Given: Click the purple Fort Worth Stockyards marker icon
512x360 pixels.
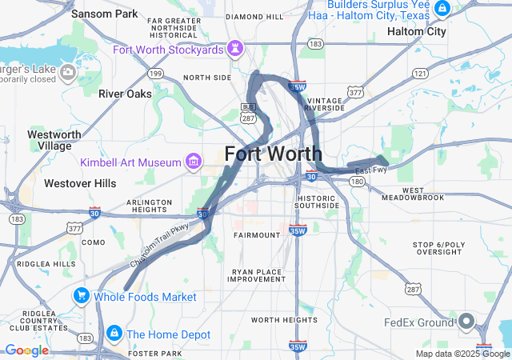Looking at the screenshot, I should pos(235,50).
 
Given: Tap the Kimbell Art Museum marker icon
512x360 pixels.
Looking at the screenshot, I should pos(194,162).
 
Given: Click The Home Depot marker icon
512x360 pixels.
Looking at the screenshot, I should pos(114,334).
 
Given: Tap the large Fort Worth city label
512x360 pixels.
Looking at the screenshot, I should pos(274,154).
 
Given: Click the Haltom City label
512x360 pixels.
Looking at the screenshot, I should pos(416,31).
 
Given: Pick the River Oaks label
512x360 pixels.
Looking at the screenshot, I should pos(125,94).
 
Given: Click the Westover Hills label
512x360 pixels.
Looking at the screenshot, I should pos(80,183).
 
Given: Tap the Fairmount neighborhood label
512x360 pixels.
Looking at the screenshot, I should pos(257,235).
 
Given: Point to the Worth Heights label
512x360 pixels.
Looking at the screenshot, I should pos(284,319).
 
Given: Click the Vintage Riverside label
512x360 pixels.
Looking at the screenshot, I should pos(325,103).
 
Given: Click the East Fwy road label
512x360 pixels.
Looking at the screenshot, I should pos(371,170).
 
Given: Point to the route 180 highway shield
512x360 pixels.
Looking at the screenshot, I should pos(357,182).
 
